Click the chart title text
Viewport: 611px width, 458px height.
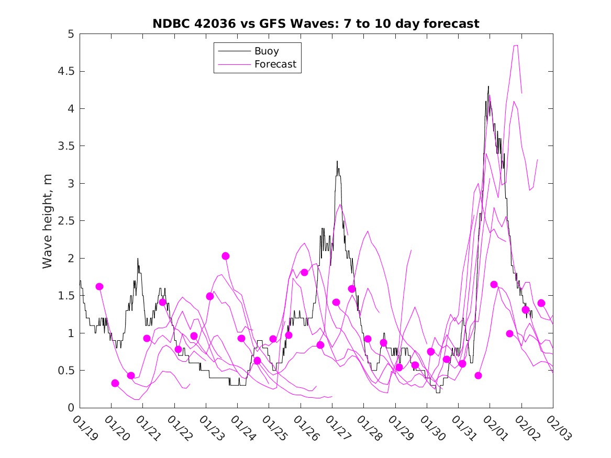(316, 24)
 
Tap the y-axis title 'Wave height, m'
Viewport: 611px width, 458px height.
(48, 220)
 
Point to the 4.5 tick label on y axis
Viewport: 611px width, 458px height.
(66, 71)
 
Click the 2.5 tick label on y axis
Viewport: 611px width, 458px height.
(66, 221)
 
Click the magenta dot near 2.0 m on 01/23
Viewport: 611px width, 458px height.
(226, 256)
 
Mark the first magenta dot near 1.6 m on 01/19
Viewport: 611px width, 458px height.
(99, 286)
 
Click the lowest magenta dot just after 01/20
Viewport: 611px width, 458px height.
(115, 383)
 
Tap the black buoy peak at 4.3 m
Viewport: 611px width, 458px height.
(488, 86)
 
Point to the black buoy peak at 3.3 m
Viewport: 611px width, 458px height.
(337, 161)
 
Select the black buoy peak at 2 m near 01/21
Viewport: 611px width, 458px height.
(138, 259)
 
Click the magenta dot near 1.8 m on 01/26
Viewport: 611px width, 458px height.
(304, 272)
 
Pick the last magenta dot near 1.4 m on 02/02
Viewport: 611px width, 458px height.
(541, 303)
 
